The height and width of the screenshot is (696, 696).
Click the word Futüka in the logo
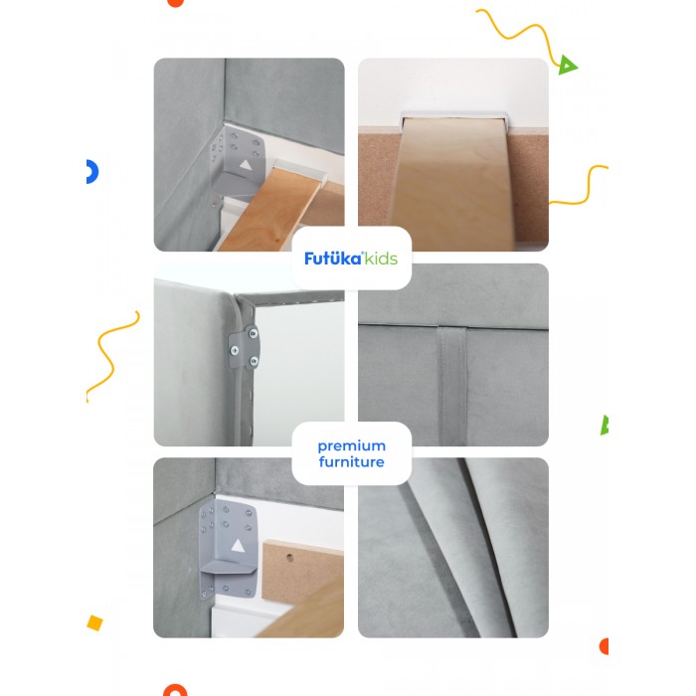tap(333, 258)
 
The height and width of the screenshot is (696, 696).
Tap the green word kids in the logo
tap(381, 259)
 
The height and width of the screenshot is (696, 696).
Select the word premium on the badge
tap(352, 446)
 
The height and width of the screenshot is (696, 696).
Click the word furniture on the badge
tap(352, 462)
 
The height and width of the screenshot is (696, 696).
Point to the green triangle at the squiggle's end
tap(567, 65)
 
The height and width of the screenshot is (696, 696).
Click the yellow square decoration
tap(95, 622)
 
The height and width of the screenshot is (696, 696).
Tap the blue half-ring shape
tap(92, 172)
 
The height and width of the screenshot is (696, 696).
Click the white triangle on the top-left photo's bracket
tap(246, 166)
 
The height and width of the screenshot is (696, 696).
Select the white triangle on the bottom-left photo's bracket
tap(238, 546)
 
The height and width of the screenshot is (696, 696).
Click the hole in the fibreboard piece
tap(289, 557)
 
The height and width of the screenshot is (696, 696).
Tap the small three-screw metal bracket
tap(244, 347)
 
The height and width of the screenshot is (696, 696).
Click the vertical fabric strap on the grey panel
tap(452, 386)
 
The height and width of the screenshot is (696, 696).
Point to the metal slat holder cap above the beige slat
tap(453, 116)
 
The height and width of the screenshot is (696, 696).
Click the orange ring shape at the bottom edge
tap(175, 690)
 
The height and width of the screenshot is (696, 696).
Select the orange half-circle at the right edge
tap(604, 646)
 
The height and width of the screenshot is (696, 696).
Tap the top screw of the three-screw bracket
tap(253, 333)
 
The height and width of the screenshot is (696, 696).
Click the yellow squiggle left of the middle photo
tap(112, 356)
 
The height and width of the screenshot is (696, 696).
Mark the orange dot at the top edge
tap(175, 3)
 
